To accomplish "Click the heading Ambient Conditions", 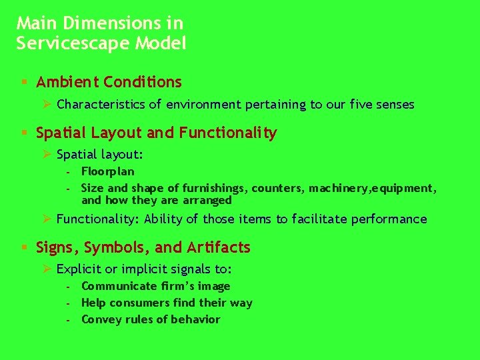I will point(109,82).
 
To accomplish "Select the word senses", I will point(394,105).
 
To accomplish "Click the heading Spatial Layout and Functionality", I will point(156,133).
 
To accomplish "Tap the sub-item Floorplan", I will point(107,171).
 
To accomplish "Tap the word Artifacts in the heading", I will point(218,247).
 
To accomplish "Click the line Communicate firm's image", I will point(155,286).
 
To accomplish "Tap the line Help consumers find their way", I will point(167,303).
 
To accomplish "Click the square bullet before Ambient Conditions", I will point(23,82).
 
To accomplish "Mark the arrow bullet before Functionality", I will point(47,219).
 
